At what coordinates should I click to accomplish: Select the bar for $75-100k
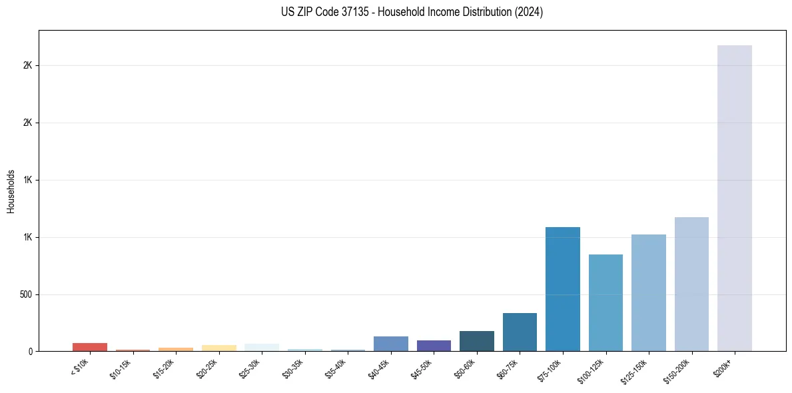562,289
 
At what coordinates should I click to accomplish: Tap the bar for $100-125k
605,302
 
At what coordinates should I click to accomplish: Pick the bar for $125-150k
648,292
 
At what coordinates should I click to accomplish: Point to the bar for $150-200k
691,284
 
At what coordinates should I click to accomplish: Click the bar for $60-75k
520,332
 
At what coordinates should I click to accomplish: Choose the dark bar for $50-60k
476,341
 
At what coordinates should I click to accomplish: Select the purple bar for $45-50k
434,346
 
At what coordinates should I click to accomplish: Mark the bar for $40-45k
390,344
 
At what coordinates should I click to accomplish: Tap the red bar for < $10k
90,347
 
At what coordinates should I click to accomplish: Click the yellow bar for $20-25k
218,348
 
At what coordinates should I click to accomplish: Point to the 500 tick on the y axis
27,294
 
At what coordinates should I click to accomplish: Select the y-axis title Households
11,191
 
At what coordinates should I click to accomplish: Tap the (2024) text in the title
530,12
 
